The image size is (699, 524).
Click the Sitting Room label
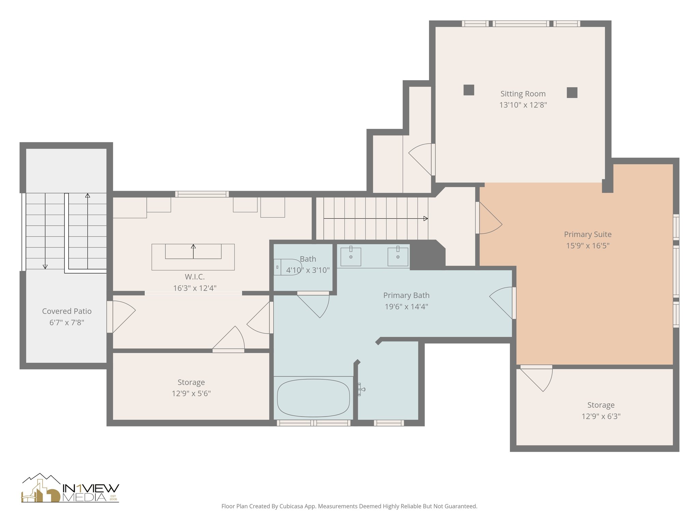523,94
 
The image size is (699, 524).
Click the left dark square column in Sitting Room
469,90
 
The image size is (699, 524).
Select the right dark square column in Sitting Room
572,93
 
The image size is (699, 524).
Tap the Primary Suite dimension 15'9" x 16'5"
587,246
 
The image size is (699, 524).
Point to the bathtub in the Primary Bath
313,398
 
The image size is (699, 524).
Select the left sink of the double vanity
351,257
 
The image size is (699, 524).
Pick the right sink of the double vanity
398,257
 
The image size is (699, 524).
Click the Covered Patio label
67,311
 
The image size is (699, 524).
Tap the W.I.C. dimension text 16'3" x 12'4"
195,288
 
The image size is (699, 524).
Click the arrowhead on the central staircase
426,219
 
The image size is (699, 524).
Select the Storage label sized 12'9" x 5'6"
191,382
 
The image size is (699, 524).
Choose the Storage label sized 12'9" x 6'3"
601,405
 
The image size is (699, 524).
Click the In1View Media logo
70,489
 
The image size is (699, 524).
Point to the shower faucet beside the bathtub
361,389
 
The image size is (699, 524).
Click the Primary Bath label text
406,295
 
